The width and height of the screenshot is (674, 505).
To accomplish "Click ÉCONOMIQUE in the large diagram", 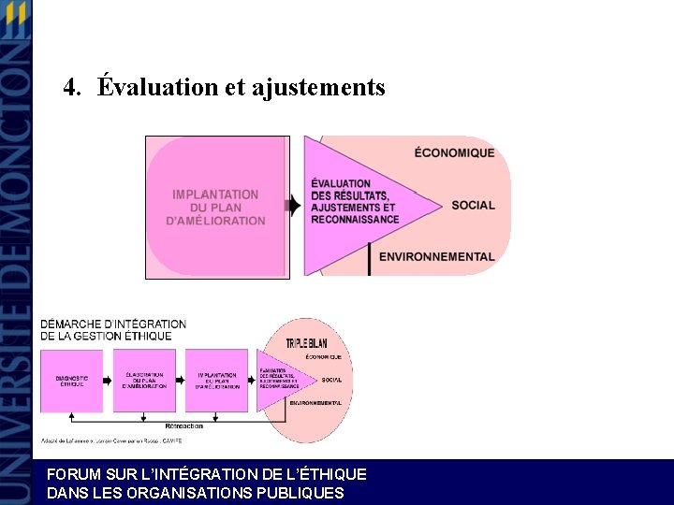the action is point(454,152).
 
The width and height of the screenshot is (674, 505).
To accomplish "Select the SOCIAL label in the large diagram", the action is point(473,205).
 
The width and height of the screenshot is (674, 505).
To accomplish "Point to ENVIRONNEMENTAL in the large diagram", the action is point(436,256).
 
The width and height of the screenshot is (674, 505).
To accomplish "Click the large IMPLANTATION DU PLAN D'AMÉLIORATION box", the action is point(216,208).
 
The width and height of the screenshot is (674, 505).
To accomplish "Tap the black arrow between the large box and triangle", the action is point(294,205).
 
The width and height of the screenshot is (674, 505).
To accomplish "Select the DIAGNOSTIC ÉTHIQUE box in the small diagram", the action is point(72,382).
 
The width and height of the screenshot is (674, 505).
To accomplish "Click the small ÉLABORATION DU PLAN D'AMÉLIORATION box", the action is point(144,381).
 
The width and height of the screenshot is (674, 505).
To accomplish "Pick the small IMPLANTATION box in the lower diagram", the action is point(216,381).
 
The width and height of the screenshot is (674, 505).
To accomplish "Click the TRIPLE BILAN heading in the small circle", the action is point(306,344).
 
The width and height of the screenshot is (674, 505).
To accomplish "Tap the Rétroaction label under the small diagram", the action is point(190,426).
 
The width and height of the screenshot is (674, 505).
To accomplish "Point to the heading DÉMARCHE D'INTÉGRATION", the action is point(112,325).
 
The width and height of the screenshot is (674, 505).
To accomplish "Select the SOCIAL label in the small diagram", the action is point(331,380).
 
